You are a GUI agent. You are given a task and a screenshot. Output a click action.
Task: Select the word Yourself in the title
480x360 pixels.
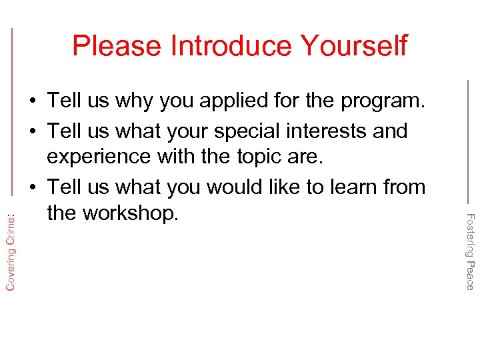coord(353,46)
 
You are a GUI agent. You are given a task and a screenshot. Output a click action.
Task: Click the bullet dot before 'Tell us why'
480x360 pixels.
coord(32,102)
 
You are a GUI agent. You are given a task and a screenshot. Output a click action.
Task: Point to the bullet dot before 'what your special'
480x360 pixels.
coord(32,131)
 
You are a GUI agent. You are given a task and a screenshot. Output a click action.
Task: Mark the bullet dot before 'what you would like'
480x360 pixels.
coord(32,188)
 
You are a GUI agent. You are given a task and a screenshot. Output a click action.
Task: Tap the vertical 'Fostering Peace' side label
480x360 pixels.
coord(469,251)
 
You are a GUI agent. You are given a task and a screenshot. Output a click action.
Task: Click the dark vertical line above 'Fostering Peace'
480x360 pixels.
coord(467,140)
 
